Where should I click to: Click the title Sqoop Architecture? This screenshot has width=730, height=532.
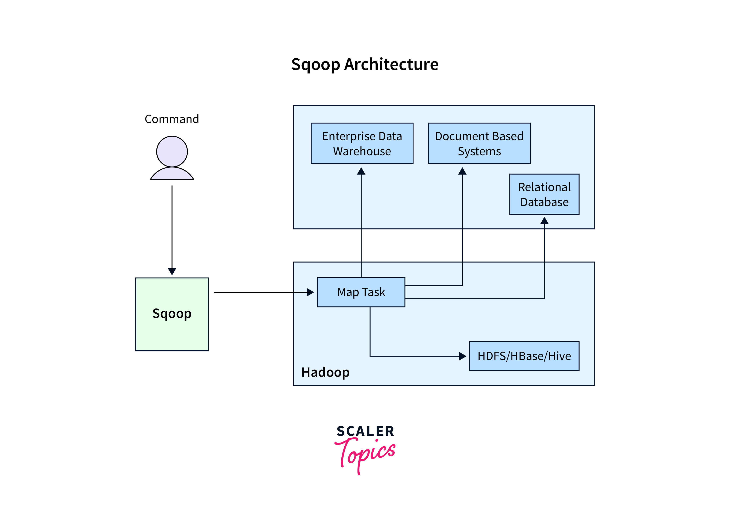(x=365, y=64)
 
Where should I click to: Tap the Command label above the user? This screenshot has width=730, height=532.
(x=172, y=119)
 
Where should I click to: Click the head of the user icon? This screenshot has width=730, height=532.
(x=172, y=151)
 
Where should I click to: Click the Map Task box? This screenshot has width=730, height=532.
(x=361, y=292)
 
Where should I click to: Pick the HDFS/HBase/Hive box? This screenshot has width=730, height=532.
(x=524, y=356)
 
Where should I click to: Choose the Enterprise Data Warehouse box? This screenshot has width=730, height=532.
(x=362, y=143)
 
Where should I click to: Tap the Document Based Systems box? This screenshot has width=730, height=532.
(x=479, y=143)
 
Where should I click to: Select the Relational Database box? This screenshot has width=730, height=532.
(x=544, y=195)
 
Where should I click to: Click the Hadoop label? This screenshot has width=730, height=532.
(x=325, y=372)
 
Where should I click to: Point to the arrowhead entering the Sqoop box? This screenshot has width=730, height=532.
(x=172, y=271)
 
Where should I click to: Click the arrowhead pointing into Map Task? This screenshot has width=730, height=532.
(x=310, y=292)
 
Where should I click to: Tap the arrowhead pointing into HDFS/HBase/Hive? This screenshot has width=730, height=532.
(x=463, y=356)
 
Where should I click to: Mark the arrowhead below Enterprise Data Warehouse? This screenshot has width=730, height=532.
(x=361, y=171)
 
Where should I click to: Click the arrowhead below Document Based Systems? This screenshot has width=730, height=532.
(x=462, y=171)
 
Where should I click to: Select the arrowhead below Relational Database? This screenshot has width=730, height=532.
(x=544, y=221)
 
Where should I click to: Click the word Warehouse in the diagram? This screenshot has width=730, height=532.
(x=362, y=151)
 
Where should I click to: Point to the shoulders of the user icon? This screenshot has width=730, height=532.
(x=172, y=174)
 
